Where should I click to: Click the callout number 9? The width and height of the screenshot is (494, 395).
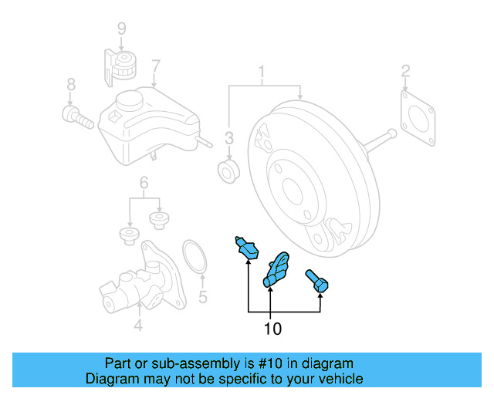(121, 29)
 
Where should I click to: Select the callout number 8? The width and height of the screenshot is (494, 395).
(70, 84)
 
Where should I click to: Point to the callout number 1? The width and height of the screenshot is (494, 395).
(262, 74)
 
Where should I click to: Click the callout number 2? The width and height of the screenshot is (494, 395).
(405, 73)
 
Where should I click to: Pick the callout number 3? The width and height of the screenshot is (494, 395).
(228, 138)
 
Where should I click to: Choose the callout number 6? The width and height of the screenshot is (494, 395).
(143, 183)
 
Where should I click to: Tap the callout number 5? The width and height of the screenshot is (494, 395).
(202, 296)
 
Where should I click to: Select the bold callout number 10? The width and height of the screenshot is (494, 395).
(272, 329)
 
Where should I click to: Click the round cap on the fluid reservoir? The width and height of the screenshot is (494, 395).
(131, 100)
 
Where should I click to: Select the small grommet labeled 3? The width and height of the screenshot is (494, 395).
(228, 172)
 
